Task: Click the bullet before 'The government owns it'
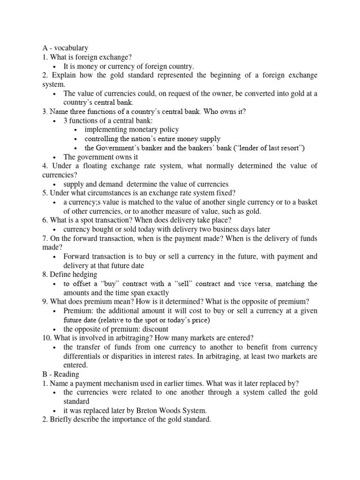[55, 157]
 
